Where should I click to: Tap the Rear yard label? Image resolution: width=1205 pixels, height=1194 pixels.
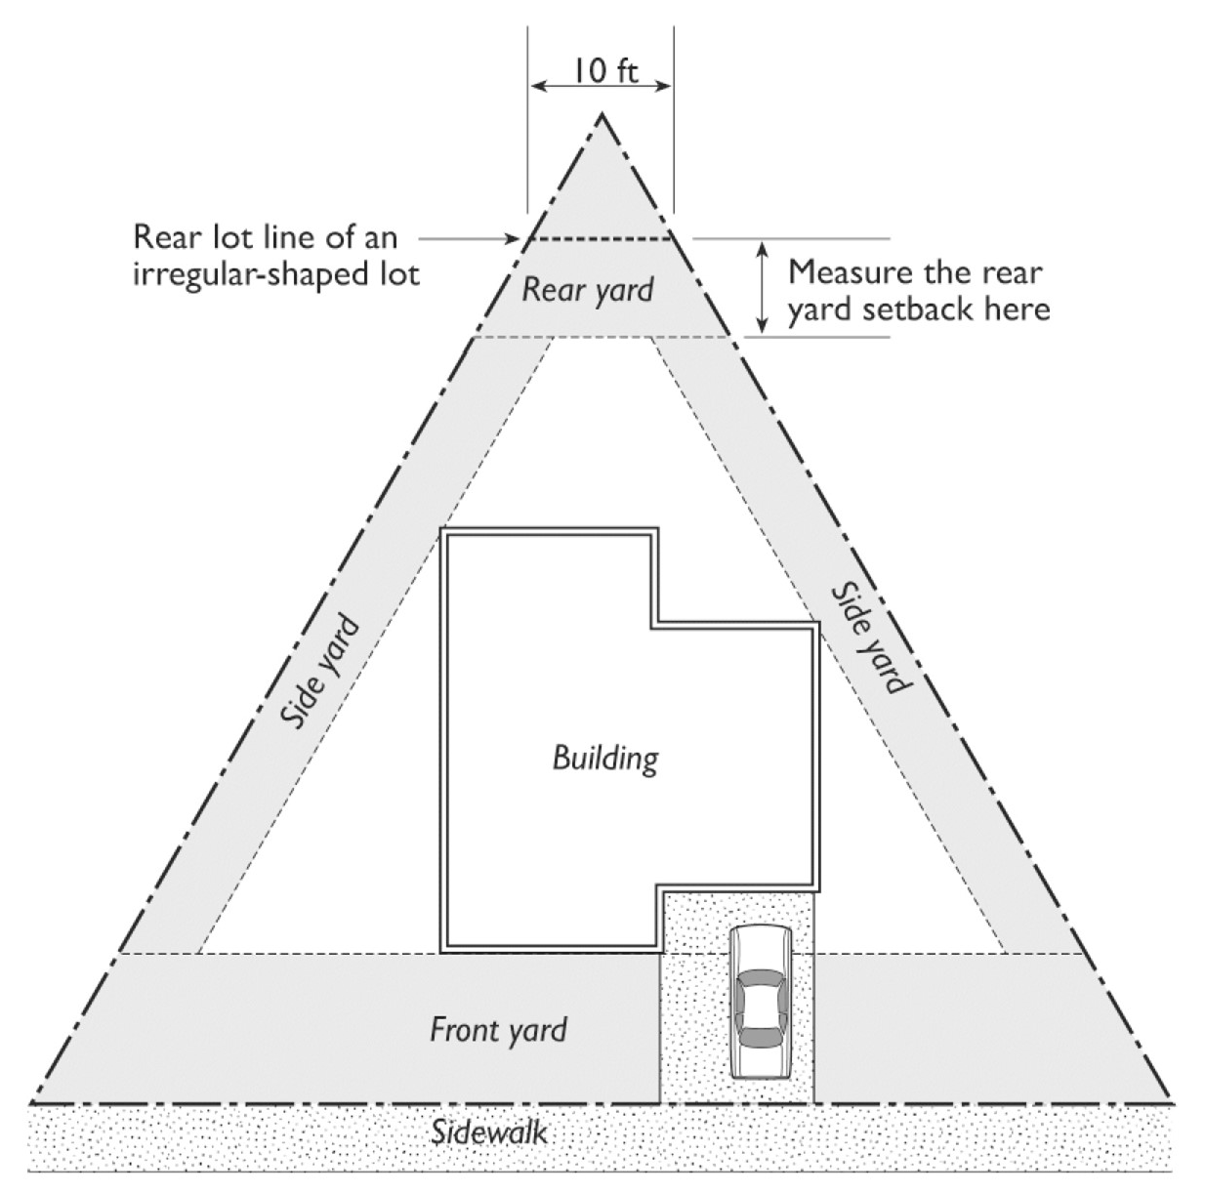[587, 289]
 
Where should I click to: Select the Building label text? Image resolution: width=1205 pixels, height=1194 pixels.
[604, 758]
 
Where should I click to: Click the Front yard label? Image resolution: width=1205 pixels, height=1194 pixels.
[498, 1029]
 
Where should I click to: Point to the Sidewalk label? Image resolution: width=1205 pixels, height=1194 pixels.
[489, 1132]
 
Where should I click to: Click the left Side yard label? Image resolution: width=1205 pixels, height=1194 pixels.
[320, 673]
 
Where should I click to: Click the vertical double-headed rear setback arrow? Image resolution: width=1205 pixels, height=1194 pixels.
[763, 287]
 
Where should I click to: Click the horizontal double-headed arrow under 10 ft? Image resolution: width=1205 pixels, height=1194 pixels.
[600, 86]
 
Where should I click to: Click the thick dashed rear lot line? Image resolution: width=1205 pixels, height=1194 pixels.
[600, 238]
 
